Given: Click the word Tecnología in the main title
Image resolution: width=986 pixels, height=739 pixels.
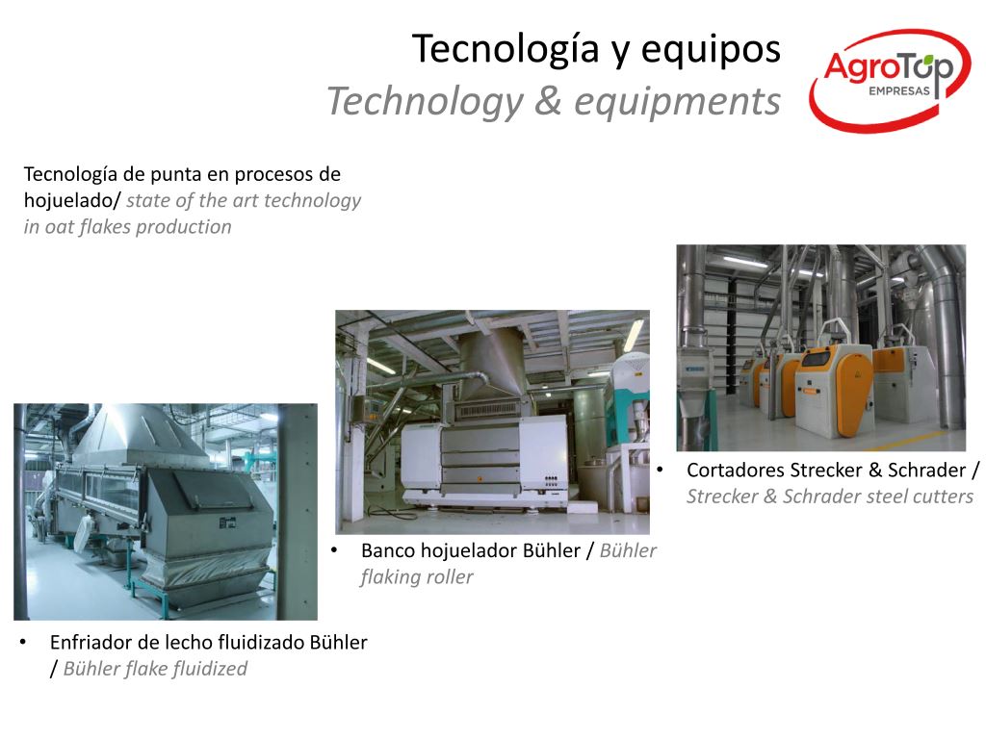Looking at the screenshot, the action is [506, 49].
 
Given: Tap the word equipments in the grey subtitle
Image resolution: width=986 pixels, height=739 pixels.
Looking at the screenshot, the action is [677, 102].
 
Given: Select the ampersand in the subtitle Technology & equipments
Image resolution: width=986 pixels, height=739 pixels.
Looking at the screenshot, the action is [548, 100].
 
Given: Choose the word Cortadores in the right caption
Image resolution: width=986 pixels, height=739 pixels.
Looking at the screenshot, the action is [735, 470].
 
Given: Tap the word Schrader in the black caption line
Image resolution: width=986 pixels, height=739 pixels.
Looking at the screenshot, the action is [926, 470].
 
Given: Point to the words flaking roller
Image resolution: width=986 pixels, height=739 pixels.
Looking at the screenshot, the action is [417, 577].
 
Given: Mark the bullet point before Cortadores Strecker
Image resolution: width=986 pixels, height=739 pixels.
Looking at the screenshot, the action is [660, 470].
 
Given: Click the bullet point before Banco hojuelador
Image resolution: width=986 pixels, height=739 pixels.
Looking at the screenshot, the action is [334, 549].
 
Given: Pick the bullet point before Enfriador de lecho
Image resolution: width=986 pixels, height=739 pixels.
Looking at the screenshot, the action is [23, 642].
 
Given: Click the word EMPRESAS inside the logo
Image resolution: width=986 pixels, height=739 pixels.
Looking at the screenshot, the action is [899, 91].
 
